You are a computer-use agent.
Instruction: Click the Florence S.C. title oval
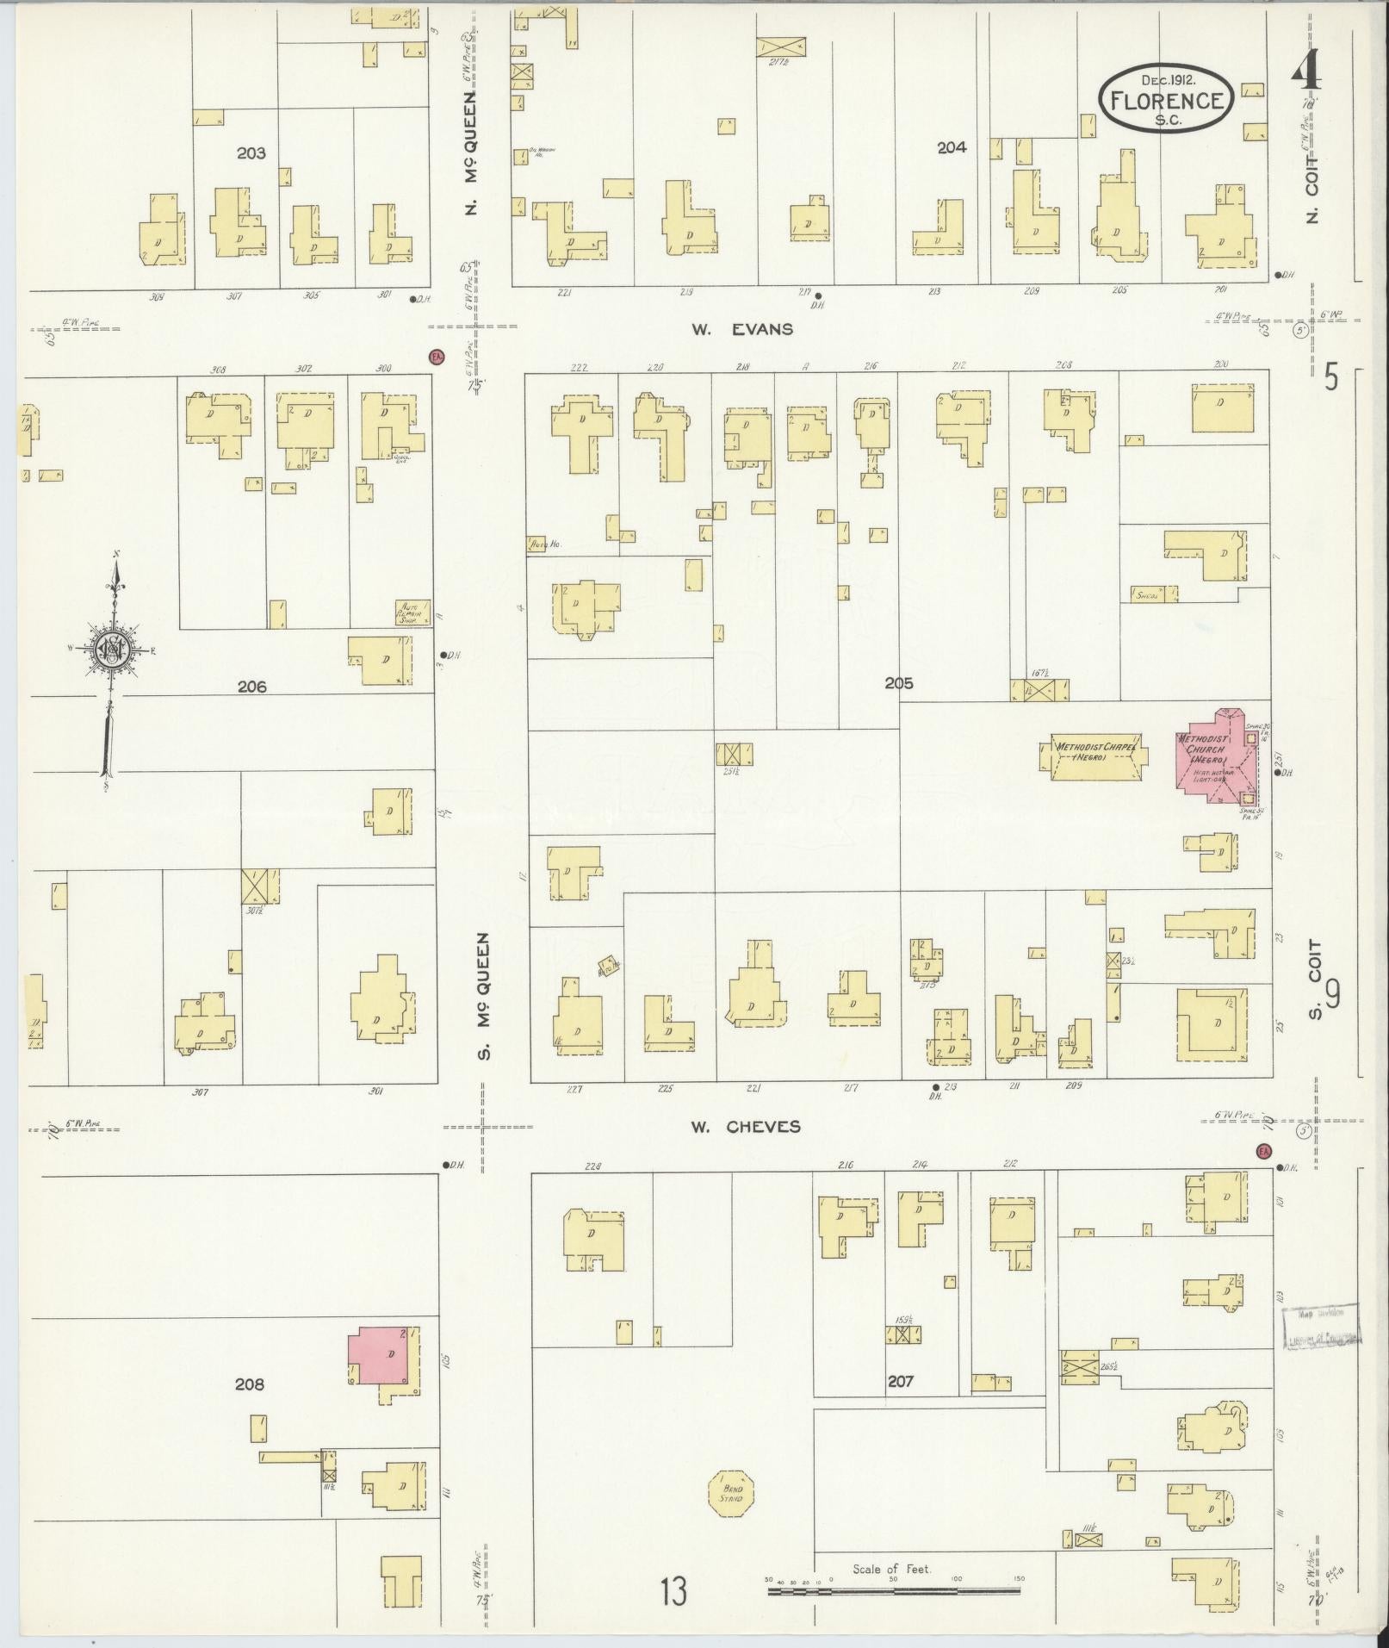[x=1166, y=100]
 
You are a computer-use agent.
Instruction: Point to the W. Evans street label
[x=741, y=329]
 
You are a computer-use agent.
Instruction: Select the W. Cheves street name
[x=746, y=1127]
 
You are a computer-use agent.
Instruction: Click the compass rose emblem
[x=112, y=648]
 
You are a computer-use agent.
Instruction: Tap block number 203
[x=251, y=153]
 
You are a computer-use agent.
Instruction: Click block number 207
[x=900, y=1381]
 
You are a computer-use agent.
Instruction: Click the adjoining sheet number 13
[x=674, y=1591]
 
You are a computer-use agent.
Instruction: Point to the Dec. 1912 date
[x=1166, y=79]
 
